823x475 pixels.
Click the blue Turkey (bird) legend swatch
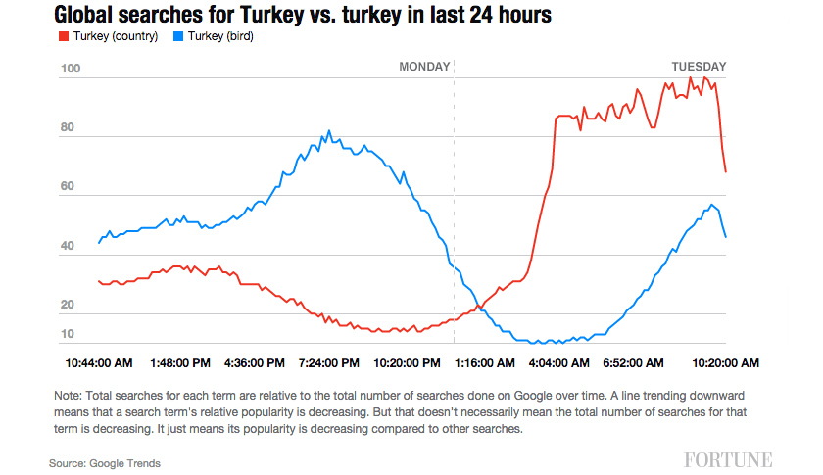[177, 36]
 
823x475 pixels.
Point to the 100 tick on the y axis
[70, 69]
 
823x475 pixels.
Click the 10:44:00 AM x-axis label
[99, 362]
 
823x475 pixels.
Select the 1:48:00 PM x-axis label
[180, 362]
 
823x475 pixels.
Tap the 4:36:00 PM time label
[256, 362]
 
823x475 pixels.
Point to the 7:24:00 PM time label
[329, 362]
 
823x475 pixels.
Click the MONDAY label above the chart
[423, 67]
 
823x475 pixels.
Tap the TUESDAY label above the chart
[699, 67]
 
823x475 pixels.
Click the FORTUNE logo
[728, 459]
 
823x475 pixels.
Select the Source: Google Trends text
[105, 463]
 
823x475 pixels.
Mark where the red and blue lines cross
[478, 308]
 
